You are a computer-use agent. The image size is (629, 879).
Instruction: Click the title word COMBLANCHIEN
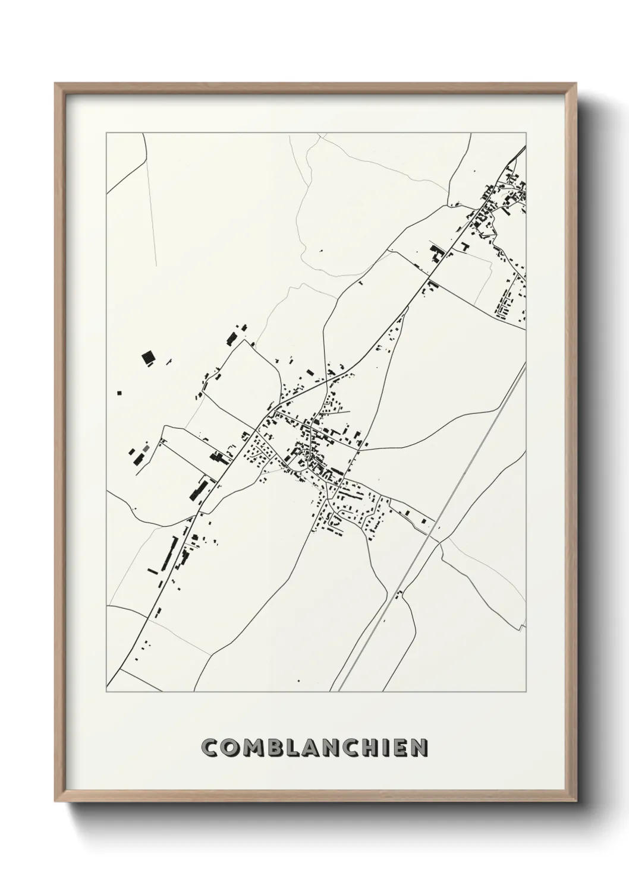(314, 748)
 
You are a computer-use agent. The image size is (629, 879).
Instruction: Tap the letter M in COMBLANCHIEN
(250, 748)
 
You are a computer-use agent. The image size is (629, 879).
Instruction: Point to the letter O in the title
(229, 748)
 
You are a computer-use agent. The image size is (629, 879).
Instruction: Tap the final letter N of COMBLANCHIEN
(419, 748)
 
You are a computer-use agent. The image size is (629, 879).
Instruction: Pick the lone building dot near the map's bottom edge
(298, 681)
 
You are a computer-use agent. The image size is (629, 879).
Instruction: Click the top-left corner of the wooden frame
(56, 84)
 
